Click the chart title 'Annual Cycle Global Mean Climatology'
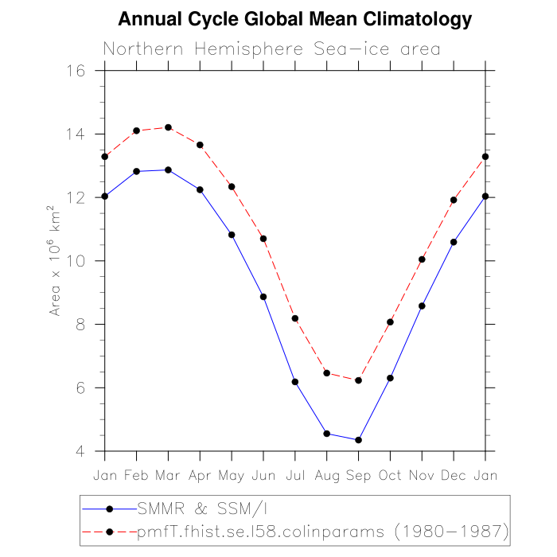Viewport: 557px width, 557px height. (294, 19)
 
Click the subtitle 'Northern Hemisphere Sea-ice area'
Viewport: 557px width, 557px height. (271, 49)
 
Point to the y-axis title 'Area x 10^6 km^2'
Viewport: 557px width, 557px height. (56, 261)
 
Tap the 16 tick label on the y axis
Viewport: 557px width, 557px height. (76, 70)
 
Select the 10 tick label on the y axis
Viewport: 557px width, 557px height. (76, 261)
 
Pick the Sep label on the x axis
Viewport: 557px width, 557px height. (358, 475)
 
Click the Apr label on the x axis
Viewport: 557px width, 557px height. (200, 475)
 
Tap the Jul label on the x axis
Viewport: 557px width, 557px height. (295, 475)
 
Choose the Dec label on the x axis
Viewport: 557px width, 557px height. (454, 475)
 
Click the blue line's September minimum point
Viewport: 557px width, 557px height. (358, 440)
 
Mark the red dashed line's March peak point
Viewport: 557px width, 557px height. (168, 127)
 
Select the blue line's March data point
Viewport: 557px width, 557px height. (168, 169)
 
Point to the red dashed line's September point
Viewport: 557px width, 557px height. (358, 380)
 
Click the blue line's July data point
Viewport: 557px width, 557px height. (295, 382)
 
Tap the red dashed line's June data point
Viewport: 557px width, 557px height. (263, 239)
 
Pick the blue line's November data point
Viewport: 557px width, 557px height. (422, 306)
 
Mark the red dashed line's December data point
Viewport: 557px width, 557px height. (454, 200)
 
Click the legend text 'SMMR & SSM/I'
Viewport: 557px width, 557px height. (188, 507)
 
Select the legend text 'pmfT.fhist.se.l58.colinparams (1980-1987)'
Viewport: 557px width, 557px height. (322, 529)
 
